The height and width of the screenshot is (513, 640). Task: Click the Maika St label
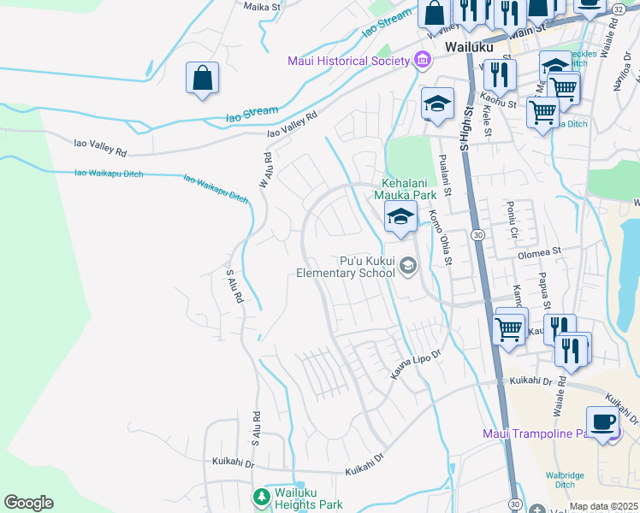pyautogui.click(x=263, y=7)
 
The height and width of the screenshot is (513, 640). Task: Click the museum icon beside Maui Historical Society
pyautogui.click(x=421, y=60)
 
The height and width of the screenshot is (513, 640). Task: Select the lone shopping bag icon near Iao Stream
pyautogui.click(x=202, y=78)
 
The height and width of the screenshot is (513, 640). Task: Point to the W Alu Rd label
pyautogui.click(x=268, y=168)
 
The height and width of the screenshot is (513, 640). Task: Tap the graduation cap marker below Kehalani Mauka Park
pyautogui.click(x=400, y=217)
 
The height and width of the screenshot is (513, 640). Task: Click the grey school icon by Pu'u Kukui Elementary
pyautogui.click(x=408, y=266)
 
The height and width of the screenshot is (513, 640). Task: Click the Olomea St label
pyautogui.click(x=537, y=253)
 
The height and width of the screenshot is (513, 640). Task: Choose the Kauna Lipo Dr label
pyautogui.click(x=415, y=364)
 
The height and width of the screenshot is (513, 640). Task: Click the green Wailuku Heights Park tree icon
pyautogui.click(x=261, y=496)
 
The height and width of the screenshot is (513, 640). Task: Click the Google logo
pyautogui.click(x=28, y=503)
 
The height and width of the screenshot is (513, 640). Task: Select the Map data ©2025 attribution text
pyautogui.click(x=604, y=507)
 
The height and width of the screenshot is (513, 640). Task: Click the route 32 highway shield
pyautogui.click(x=618, y=8)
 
